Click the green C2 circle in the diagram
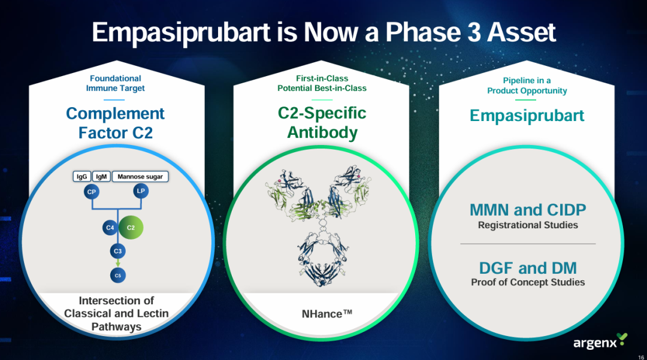[131, 227]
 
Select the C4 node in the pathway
[110, 228]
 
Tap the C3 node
[118, 251]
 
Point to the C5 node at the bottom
[118, 276]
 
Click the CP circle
[92, 192]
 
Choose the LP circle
[141, 191]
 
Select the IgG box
[81, 177]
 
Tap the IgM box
[101, 177]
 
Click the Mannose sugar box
[140, 177]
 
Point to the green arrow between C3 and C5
[118, 263]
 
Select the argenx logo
[600, 341]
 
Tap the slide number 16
[641, 357]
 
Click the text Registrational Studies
[528, 225]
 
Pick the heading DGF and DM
[528, 268]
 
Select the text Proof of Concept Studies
[528, 283]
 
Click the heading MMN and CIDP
[528, 210]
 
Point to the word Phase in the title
[424, 32]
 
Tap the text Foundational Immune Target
[116, 83]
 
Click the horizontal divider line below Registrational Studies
[528, 244]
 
